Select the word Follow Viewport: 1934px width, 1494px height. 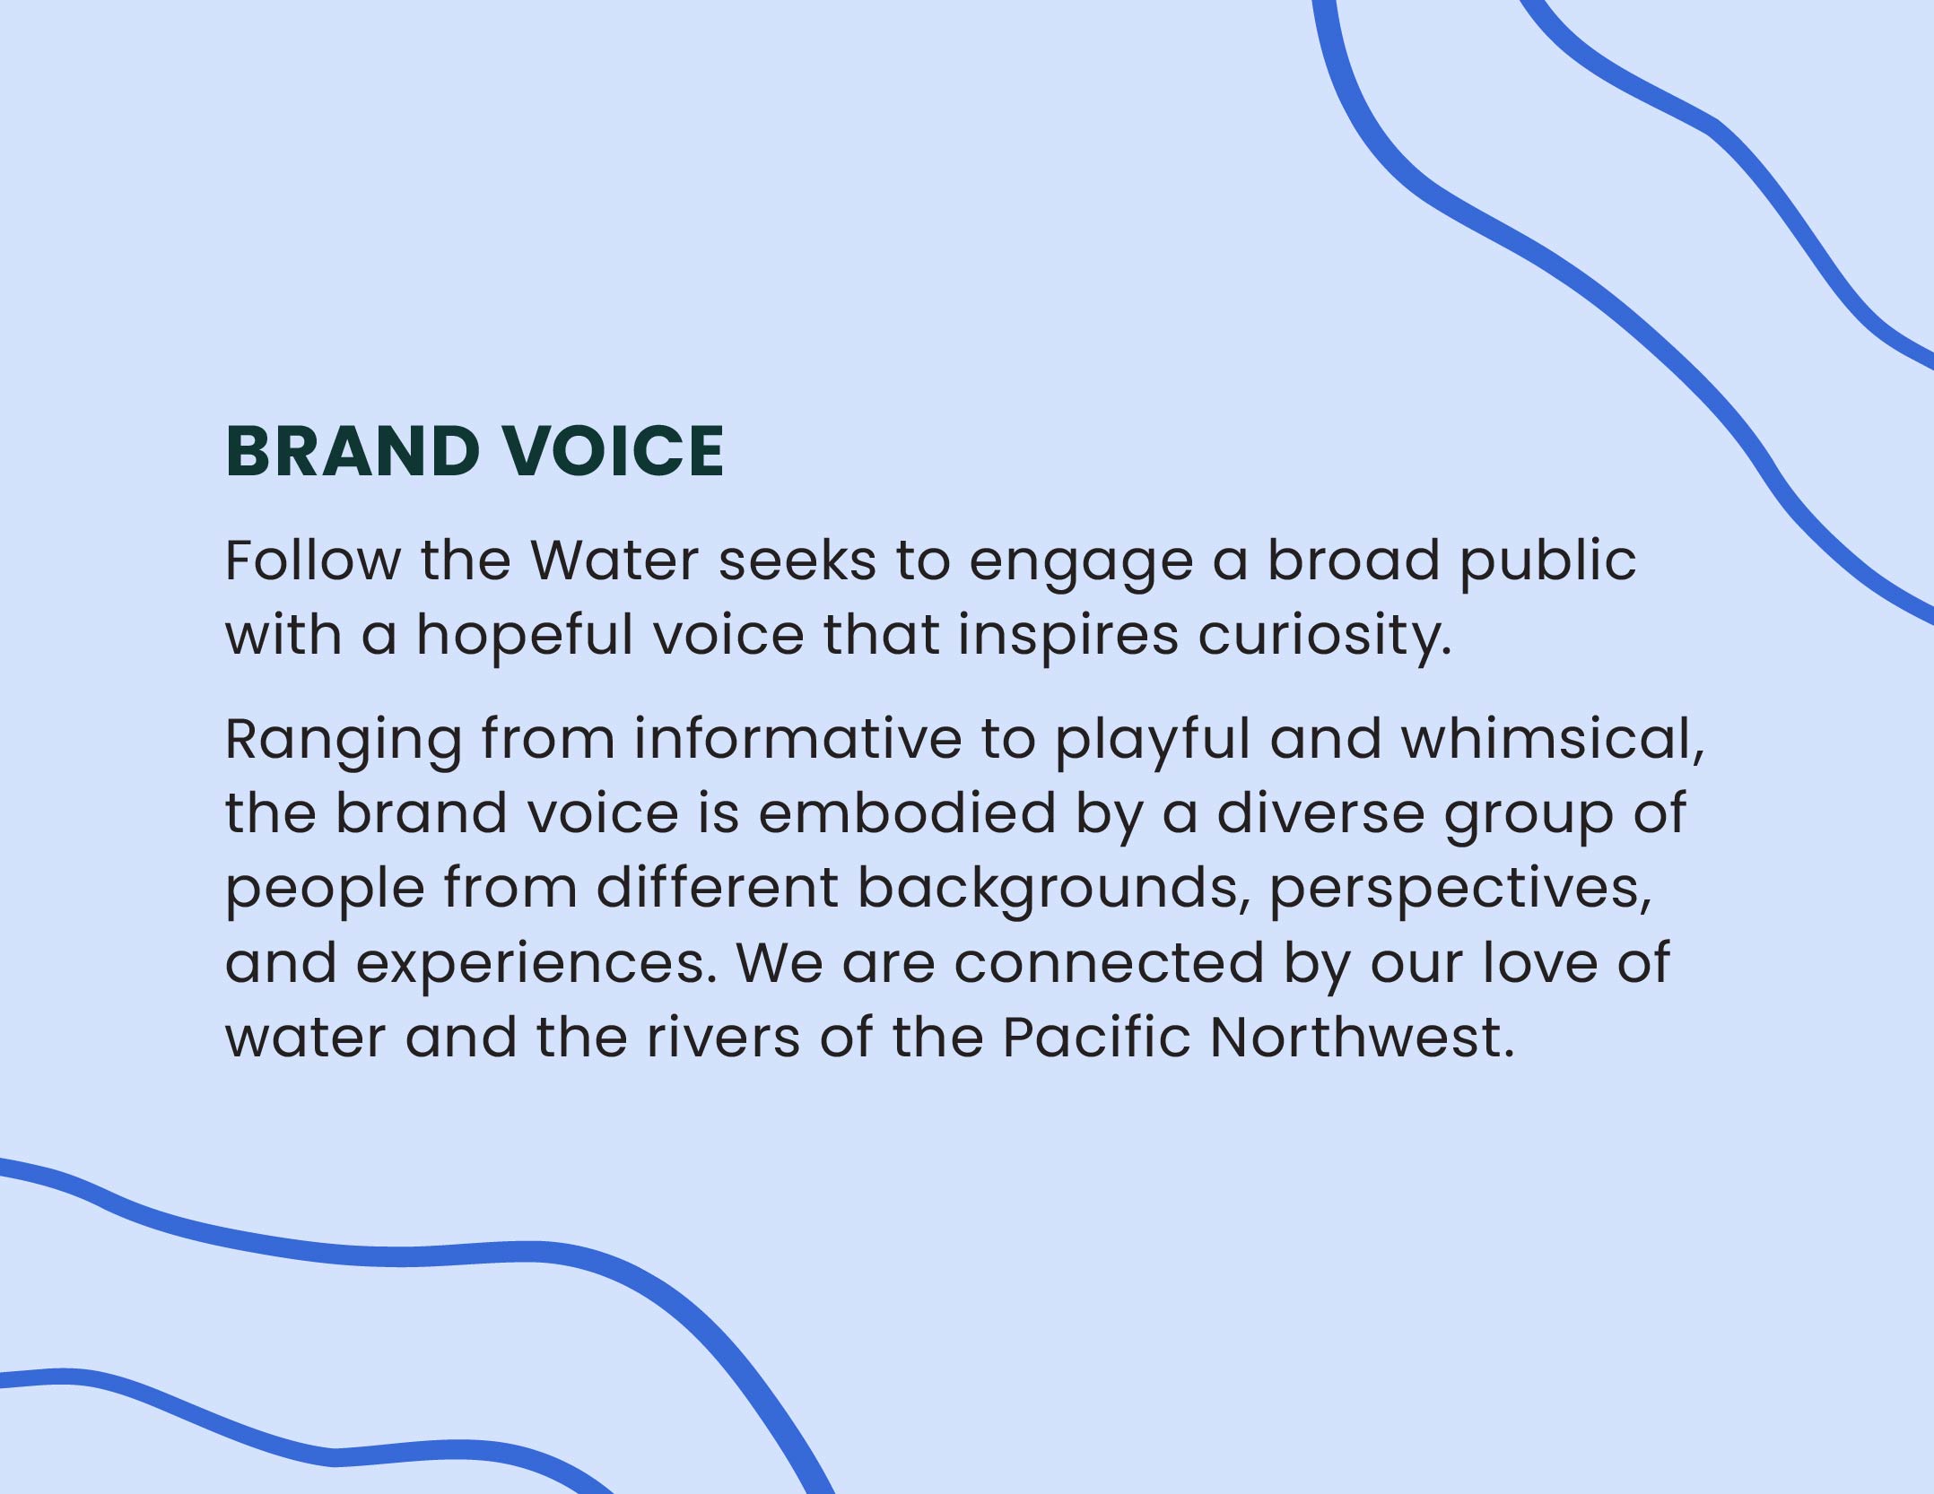coord(312,560)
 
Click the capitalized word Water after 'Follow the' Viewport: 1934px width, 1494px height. coord(614,560)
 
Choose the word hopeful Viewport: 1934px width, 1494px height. coord(525,639)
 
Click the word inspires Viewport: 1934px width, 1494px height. coord(1067,639)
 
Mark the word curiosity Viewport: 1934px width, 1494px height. coord(1324,639)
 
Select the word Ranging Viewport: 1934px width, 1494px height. coord(344,743)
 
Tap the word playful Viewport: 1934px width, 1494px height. coord(1152,743)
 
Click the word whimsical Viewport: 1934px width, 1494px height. coord(1552,740)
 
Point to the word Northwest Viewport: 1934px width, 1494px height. coord(1362,1037)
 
